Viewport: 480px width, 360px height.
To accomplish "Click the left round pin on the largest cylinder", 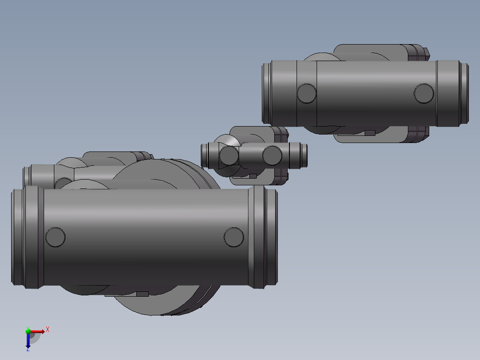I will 56,237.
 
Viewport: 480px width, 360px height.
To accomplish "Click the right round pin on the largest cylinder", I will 234,237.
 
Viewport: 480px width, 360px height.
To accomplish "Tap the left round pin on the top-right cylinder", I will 306,93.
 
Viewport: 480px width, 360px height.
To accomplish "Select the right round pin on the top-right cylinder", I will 423,93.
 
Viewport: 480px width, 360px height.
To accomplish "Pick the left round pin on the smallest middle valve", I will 229,155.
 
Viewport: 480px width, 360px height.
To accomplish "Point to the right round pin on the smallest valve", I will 272,155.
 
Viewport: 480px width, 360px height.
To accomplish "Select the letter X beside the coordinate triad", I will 48,330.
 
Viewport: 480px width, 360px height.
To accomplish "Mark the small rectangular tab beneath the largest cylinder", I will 142,294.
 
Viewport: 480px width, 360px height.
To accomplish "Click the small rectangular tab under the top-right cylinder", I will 370,132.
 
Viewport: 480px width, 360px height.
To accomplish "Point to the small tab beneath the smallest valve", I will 252,176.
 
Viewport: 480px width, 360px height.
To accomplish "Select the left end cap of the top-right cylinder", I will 267,93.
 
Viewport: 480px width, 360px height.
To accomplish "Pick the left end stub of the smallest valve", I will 205,155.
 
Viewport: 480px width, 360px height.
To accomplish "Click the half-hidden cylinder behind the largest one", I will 40,175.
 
